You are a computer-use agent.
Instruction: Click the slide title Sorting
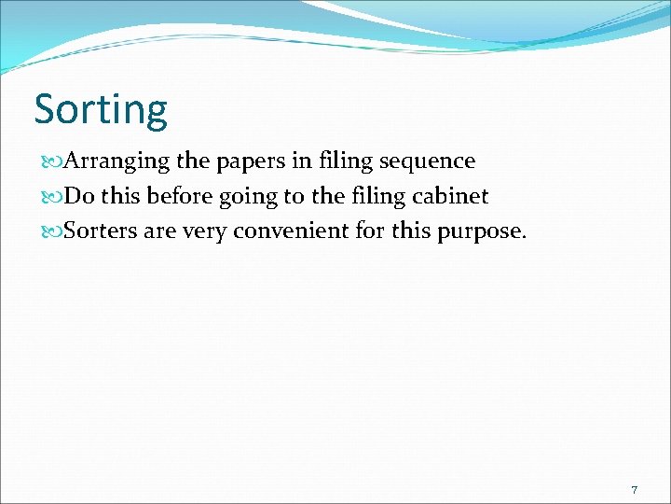pos(101,109)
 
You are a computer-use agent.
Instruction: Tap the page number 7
pos(634,490)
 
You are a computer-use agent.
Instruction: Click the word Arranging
pos(117,161)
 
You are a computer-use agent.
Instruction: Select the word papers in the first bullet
pos(251,161)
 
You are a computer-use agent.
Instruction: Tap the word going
pos(256,197)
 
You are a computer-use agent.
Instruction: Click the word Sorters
pos(100,231)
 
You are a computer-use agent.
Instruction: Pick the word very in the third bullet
pos(204,231)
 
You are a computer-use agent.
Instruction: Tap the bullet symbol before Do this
pos(50,197)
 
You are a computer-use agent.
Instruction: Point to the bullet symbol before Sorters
pos(50,231)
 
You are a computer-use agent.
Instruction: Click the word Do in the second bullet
pos(77,196)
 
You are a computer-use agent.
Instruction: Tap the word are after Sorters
pos(159,231)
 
